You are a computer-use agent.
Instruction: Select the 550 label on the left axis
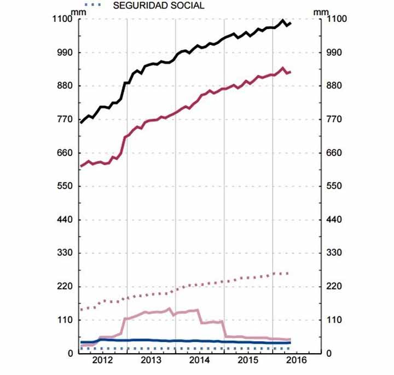67,187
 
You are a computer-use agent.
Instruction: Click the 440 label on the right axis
334,220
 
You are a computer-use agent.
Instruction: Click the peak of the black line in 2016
282,21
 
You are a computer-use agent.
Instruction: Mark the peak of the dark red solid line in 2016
282,68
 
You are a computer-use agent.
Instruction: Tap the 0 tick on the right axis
328,354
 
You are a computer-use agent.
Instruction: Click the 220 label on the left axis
67,287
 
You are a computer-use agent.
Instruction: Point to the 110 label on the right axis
334,320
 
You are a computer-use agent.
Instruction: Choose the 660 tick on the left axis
67,153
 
